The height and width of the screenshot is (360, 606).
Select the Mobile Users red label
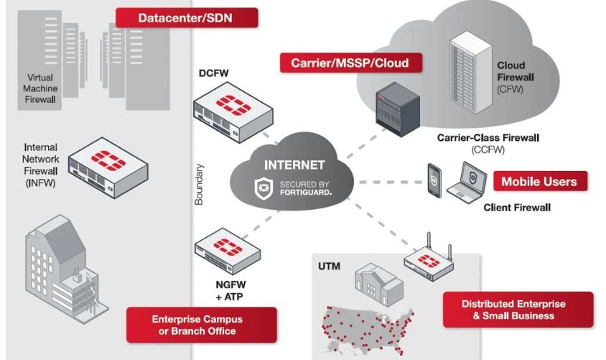click(x=539, y=180)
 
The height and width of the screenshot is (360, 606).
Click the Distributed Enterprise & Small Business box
click(x=518, y=310)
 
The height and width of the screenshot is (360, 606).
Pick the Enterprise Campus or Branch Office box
click(x=201, y=325)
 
